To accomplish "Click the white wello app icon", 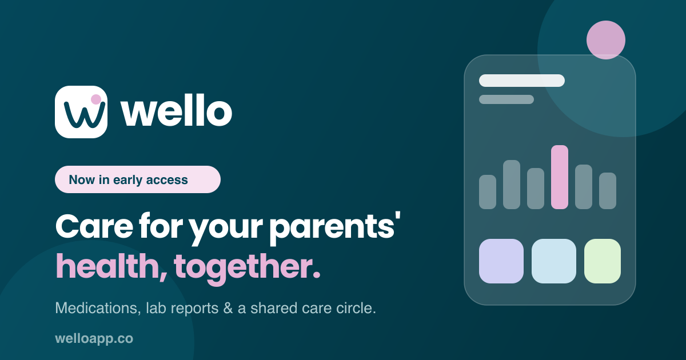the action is click(x=81, y=112).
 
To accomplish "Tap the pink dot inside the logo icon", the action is click(x=96, y=99).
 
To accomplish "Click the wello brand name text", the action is click(x=177, y=110).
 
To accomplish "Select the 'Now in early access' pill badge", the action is click(x=138, y=179).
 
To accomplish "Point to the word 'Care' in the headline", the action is click(x=94, y=226).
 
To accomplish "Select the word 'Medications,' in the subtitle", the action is click(x=98, y=308).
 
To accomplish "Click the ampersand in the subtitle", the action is click(x=228, y=308).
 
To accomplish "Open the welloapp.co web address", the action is click(x=94, y=338).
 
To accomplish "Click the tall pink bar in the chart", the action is click(x=560, y=177).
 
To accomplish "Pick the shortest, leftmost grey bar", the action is click(x=488, y=192).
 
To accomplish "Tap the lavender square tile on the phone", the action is click(x=501, y=261).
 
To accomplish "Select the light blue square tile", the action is click(x=554, y=261).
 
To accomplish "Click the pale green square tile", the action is click(x=603, y=261).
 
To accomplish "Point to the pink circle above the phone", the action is click(x=606, y=40).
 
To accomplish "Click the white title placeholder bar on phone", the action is click(x=522, y=81).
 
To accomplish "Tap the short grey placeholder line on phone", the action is click(x=506, y=99).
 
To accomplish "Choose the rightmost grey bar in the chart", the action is click(x=608, y=191).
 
